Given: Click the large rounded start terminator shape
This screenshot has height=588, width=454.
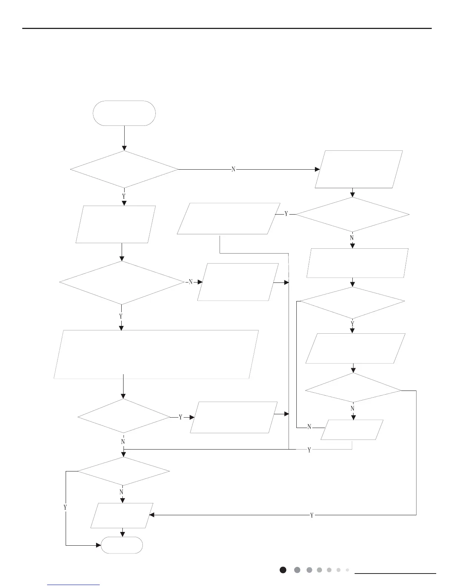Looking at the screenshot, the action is [124, 113].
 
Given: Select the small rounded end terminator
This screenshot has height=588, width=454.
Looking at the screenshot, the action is [122, 545].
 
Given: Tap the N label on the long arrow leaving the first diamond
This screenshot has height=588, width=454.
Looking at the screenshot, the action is [233, 169].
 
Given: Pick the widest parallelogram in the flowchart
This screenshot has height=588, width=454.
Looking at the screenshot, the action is [156, 354].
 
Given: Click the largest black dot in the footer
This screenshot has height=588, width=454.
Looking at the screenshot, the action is [283, 570].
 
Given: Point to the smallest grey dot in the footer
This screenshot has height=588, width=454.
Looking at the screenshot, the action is [347, 570].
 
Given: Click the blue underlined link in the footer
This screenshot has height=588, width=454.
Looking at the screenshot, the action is [74, 585].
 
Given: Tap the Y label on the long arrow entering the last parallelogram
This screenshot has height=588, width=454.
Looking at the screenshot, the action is [312, 515].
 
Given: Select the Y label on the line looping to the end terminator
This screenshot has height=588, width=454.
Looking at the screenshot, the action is [65, 507].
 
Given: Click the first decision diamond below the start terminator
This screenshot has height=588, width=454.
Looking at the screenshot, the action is [124, 169].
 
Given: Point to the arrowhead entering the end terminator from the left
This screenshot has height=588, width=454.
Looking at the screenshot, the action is [99, 545].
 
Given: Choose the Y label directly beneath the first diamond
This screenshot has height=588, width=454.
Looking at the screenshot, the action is [124, 196].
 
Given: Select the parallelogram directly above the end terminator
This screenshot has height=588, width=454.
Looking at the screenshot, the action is [122, 515].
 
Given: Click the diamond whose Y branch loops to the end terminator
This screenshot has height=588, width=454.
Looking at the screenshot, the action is [124, 471].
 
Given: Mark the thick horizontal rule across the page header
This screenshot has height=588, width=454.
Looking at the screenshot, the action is [227, 28].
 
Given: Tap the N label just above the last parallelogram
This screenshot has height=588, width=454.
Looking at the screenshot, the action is [121, 492].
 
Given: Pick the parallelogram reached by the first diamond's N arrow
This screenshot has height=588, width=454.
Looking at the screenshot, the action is [359, 169].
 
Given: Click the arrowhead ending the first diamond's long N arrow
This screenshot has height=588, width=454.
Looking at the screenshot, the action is [318, 169].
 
